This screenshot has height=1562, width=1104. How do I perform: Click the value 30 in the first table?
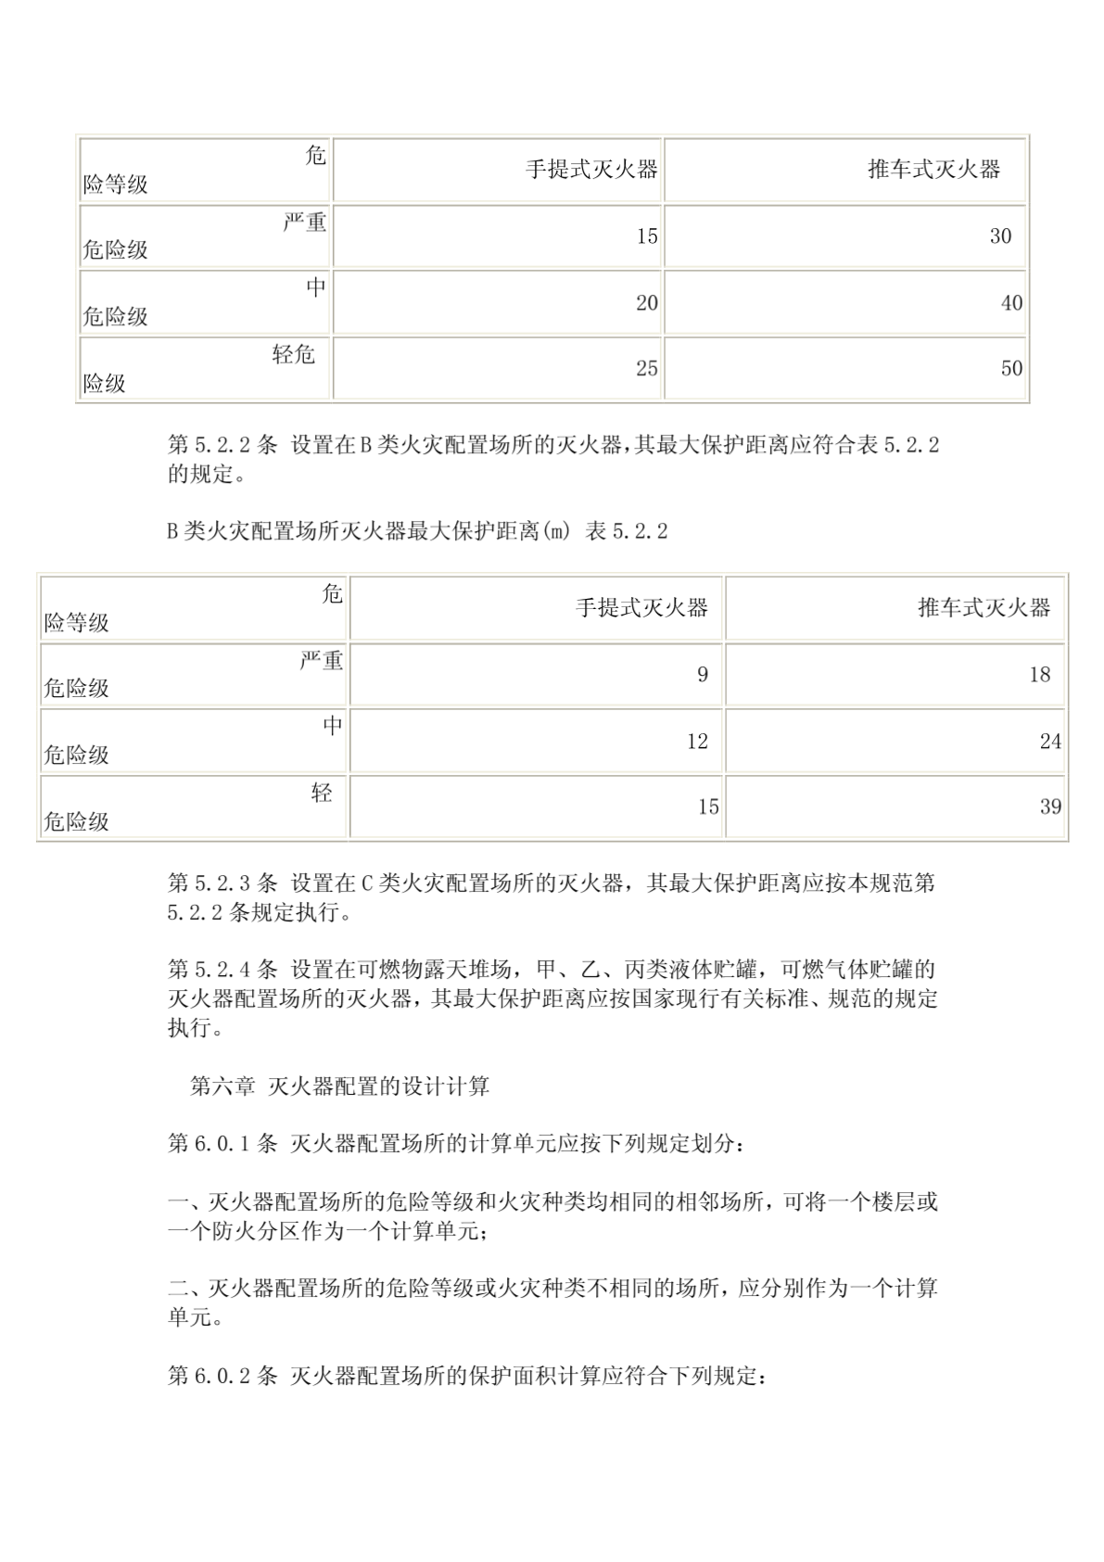[1000, 236]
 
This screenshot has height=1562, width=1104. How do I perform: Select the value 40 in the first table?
[1011, 303]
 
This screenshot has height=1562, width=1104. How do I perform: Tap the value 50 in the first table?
[1011, 369]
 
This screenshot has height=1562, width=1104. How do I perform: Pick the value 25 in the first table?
[646, 369]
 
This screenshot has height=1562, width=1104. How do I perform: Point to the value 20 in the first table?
[646, 303]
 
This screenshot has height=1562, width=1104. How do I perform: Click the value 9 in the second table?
[703, 675]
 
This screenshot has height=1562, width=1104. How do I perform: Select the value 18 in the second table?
[1039, 675]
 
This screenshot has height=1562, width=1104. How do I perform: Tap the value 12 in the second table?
[697, 742]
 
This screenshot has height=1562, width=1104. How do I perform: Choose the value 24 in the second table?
[1050, 742]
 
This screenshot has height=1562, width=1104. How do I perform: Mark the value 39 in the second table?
[1050, 807]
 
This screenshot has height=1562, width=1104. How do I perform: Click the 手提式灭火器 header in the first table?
[591, 170]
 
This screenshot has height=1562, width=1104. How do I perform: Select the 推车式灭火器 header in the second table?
[984, 608]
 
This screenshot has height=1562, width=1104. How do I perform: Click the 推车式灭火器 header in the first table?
[934, 170]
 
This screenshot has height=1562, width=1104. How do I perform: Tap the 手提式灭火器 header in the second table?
[641, 608]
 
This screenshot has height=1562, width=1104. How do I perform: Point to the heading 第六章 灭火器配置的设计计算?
[339, 1086]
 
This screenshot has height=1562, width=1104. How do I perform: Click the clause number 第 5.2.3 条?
[222, 883]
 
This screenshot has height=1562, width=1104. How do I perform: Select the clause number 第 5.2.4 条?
[222, 970]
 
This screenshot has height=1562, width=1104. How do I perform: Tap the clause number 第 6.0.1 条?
[222, 1144]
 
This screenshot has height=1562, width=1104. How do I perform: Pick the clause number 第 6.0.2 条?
[222, 1377]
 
